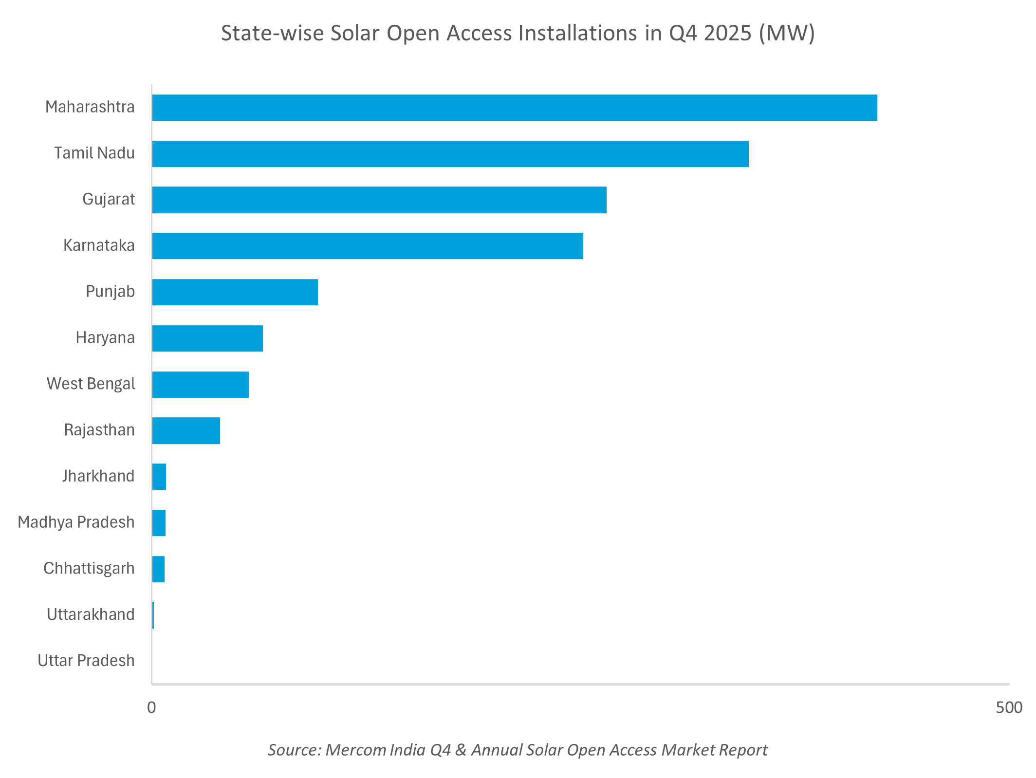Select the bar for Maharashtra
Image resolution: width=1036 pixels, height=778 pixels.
point(514,108)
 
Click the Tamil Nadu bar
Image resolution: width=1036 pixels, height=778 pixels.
point(450,154)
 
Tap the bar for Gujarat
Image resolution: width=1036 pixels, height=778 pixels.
point(379,200)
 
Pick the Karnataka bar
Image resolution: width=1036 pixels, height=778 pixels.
point(367,246)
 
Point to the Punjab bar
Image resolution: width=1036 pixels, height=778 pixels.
point(235,292)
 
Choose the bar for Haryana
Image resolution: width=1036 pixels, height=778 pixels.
point(207,338)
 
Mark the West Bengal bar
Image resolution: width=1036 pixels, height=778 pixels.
point(200,385)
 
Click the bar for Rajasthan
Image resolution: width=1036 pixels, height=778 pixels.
point(186,431)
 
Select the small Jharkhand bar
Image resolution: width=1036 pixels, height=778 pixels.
point(159,477)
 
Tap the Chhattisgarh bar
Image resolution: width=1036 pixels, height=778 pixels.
point(158,569)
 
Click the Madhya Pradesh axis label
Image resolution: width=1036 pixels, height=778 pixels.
point(76,522)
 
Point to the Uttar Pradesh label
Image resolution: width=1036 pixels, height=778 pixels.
point(86,661)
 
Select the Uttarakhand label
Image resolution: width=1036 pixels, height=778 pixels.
point(91,615)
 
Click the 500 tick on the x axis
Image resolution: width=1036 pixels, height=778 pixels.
point(1009,707)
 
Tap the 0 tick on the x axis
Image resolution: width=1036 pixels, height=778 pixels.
point(151,707)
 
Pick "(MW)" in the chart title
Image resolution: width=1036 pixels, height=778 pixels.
point(787,34)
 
